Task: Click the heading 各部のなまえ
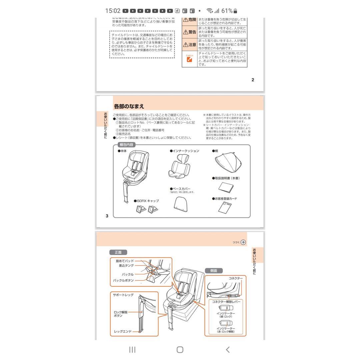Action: (129, 106)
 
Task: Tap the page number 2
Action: (253, 80)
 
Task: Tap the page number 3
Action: (107, 216)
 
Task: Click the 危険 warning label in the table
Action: (190, 20)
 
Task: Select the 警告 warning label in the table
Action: (190, 32)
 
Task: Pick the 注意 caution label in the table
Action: (190, 44)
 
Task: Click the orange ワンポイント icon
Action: (189, 59)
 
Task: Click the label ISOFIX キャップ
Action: (147, 201)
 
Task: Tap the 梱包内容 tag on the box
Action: (126, 145)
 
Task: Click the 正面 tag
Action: (118, 252)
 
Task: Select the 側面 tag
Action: (213, 271)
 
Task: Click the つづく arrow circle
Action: (243, 242)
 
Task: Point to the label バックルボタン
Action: (123, 280)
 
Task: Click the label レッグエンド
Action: (123, 331)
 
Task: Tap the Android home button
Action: (180, 349)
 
